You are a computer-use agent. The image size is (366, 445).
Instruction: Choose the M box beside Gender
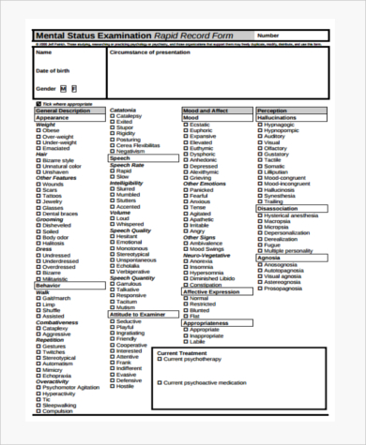pyautogui.click(x=63, y=88)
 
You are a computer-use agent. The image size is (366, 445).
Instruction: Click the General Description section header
pyautogui.click(x=64, y=111)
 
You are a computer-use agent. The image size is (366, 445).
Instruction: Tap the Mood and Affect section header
pyautogui.click(x=205, y=111)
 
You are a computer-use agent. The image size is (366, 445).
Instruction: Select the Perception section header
pyautogui.click(x=272, y=111)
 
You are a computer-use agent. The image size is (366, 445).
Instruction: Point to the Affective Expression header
pyautogui.click(x=214, y=291)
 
